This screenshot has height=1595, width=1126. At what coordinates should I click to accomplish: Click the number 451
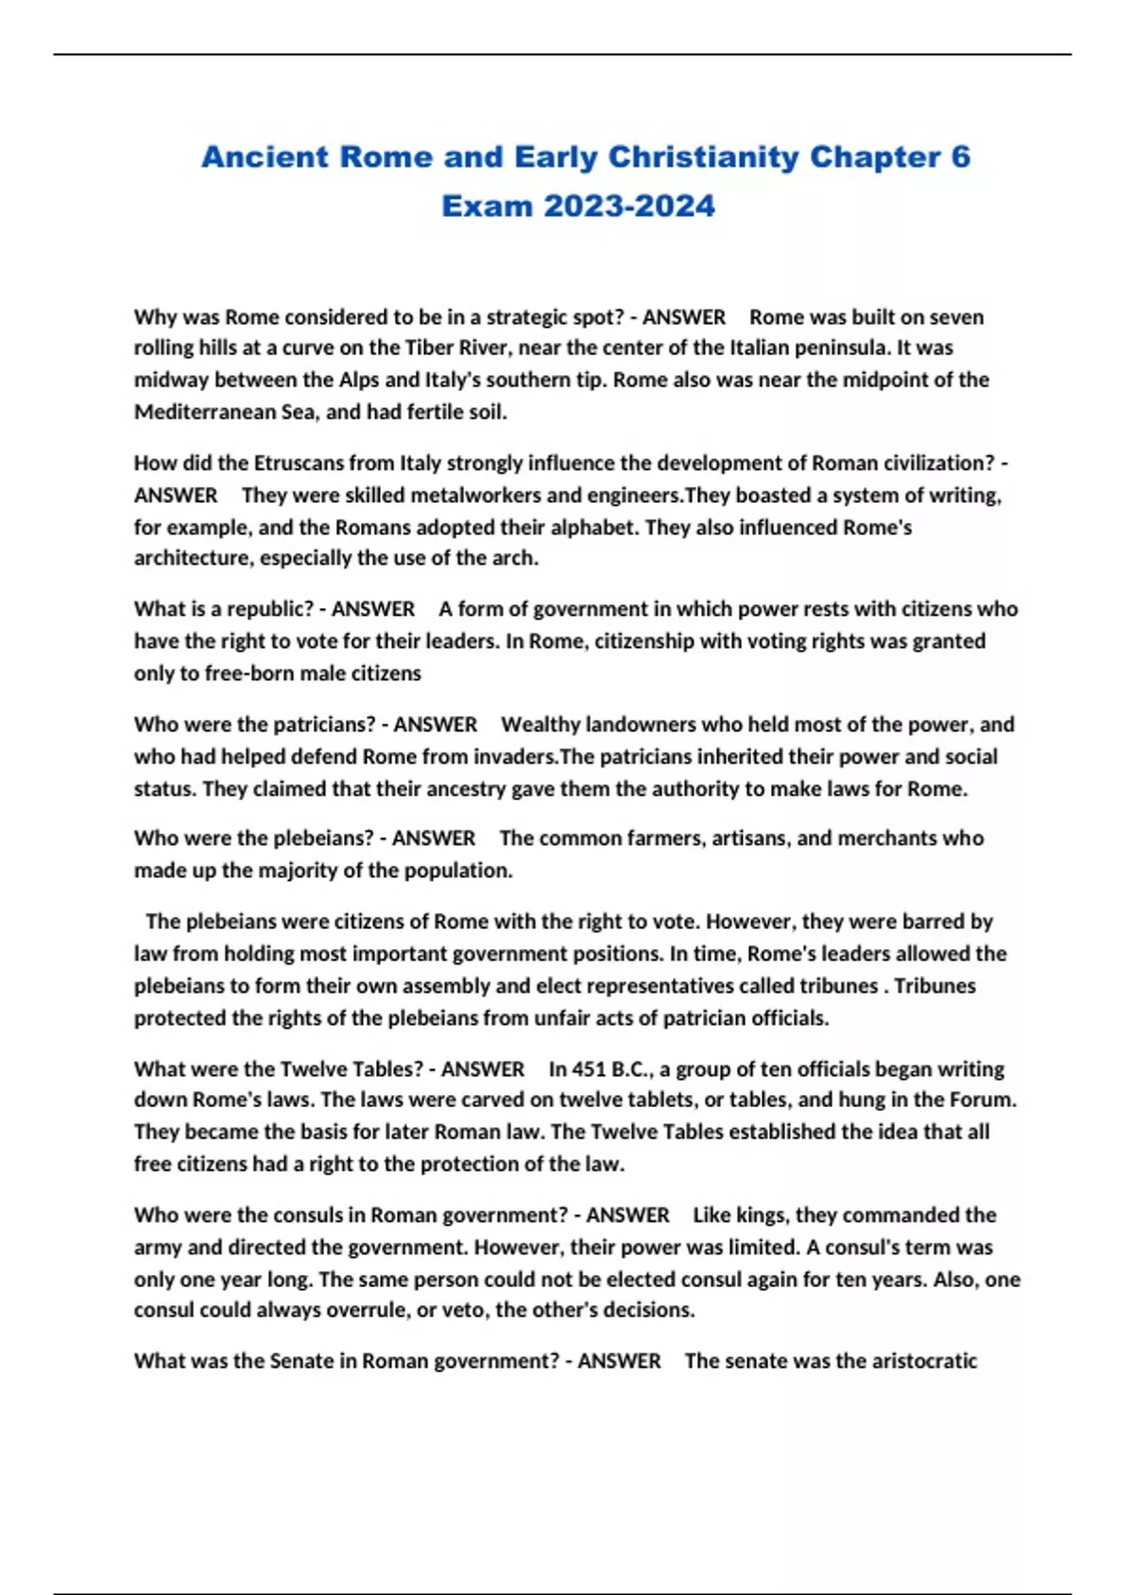click(x=587, y=1070)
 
